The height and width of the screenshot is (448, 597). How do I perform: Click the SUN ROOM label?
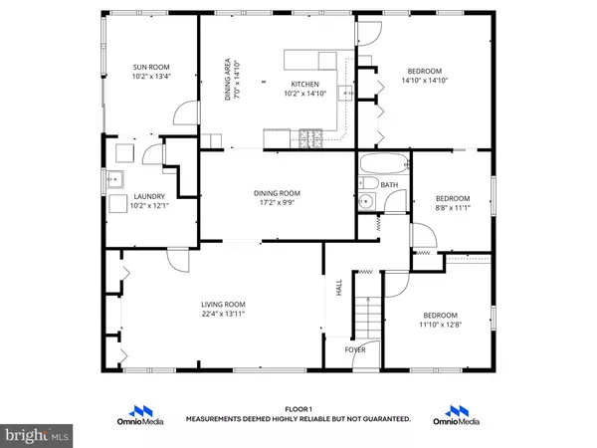point(151,68)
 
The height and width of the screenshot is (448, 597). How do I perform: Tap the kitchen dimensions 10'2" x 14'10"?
point(305,94)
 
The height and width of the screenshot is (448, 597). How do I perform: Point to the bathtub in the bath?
point(384,163)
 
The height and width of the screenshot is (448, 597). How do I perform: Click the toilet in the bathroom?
point(368,183)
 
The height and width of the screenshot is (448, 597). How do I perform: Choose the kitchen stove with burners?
point(310,138)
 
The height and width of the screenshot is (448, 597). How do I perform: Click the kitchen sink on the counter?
point(346,93)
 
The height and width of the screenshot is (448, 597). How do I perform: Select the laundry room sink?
point(114,179)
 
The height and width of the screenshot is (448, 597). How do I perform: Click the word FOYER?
point(355,349)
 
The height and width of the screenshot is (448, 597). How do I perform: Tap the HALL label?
point(339,288)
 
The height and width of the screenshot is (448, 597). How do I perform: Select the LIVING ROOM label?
point(223,305)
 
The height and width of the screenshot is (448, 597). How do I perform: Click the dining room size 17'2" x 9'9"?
point(277,203)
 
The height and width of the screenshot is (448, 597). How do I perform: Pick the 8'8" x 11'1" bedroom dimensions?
point(453,208)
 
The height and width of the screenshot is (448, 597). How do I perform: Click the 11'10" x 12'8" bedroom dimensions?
point(440,325)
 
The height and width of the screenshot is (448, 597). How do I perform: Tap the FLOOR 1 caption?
point(298,409)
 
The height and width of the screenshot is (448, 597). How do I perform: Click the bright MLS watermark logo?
point(37,435)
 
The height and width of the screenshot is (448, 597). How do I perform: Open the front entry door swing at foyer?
point(366,355)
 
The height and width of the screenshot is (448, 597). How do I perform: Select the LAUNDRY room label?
point(149,196)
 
